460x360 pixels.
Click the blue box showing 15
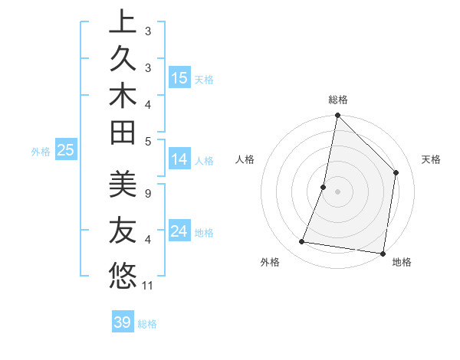[179, 78]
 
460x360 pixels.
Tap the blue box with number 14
[179, 159]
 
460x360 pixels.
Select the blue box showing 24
[179, 231]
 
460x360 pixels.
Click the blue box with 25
[65, 150]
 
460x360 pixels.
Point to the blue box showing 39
[123, 322]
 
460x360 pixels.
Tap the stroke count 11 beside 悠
[148, 286]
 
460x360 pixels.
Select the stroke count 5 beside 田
[147, 140]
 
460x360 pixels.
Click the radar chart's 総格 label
[338, 100]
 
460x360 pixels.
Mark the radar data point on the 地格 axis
[382, 253]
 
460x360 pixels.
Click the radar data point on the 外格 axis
[302, 242]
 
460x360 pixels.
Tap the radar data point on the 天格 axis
[396, 172]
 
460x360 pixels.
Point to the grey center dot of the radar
[337, 191]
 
